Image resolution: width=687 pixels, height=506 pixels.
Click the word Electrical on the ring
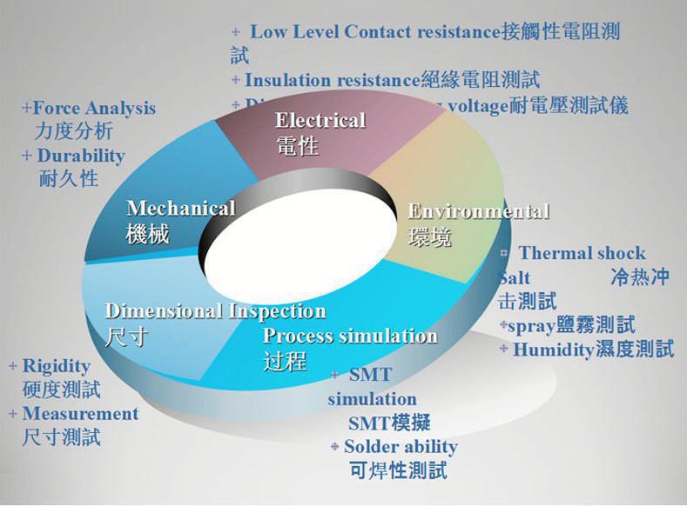(320, 120)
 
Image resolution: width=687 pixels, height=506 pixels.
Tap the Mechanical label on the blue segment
(181, 209)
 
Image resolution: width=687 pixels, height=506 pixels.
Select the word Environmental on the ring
(478, 211)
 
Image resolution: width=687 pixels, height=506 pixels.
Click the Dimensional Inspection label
(215, 311)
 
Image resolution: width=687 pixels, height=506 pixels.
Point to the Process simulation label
(349, 336)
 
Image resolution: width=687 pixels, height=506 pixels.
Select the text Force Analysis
(94, 109)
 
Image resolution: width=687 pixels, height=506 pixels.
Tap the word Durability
(80, 156)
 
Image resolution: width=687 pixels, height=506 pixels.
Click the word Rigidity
(56, 365)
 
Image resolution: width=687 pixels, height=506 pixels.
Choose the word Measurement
(80, 413)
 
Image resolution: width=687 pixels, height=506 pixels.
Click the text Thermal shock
(582, 254)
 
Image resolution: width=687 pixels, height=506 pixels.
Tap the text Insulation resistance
(333, 80)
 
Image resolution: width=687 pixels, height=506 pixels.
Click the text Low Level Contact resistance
(376, 32)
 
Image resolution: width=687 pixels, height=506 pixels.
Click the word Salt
(514, 279)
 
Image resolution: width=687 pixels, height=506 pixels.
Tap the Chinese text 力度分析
(74, 132)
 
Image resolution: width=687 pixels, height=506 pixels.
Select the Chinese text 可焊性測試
(397, 471)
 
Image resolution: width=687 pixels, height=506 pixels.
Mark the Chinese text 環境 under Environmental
(429, 236)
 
